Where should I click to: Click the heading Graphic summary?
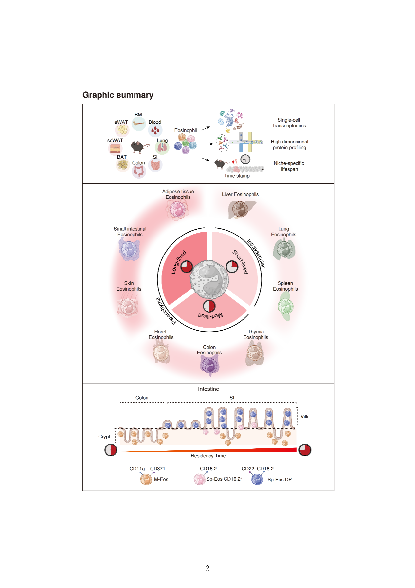[118, 95]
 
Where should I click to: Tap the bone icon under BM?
[139, 124]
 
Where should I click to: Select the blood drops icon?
[155, 130]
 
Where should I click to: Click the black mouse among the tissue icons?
[139, 146]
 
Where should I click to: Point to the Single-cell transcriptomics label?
[289, 123]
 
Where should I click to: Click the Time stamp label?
[237, 176]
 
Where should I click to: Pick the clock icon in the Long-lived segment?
[187, 267]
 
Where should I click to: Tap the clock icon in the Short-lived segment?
[232, 267]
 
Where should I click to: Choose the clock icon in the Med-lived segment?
[209, 306]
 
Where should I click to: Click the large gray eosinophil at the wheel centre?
[209, 279]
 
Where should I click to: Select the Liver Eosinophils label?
[240, 194]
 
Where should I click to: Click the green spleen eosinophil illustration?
[285, 307]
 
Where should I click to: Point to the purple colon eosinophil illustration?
[209, 365]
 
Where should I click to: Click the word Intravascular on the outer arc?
[256, 253]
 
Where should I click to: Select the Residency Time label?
[208, 456]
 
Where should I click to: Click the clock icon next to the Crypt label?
[111, 450]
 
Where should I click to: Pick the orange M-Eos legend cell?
[146, 479]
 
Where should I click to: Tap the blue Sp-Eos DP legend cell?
[257, 480]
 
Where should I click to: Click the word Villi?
[304, 417]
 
